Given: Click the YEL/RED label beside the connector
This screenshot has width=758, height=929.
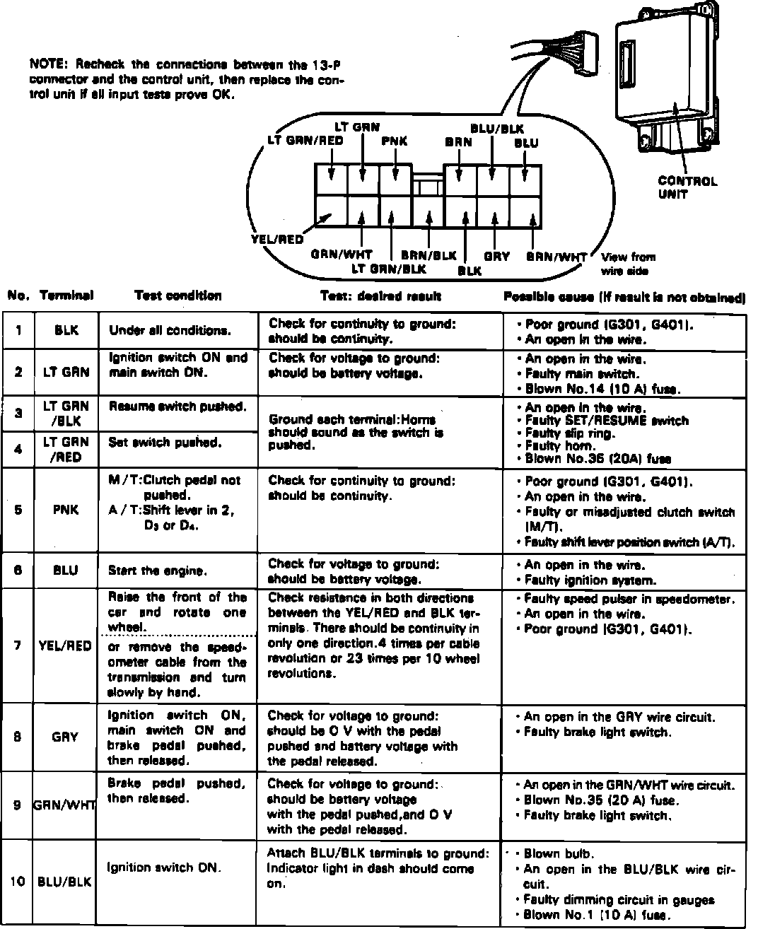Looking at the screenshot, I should coord(277,240).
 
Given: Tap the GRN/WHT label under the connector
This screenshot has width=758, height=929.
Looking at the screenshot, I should coord(342,255).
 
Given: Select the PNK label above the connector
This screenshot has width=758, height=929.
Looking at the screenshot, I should coord(395,141).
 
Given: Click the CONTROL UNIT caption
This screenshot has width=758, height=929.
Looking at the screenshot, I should coord(687,187).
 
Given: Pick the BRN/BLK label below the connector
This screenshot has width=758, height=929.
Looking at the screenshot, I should coord(428,255).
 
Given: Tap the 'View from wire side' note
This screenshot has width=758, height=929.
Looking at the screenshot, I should coord(628,264).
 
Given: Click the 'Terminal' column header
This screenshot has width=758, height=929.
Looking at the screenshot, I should coord(66,296).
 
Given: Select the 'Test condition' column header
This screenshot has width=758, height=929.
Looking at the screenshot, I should coord(177,296).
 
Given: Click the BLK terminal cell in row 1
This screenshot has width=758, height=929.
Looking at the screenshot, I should coord(66,330).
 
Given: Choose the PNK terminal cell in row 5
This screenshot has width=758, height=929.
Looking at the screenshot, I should coord(66,510).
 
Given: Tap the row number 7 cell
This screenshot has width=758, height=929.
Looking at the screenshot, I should coord(18,645).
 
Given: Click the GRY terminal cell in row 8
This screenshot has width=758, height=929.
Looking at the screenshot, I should coord(65,737).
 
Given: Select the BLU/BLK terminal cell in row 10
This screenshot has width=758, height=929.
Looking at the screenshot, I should coord(65,882).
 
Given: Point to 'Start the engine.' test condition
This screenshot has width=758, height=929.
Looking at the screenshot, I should coord(158,571).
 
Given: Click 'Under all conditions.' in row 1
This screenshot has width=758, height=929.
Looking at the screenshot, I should coord(170,330).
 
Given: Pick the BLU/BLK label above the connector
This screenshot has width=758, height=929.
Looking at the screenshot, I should coord(497,129).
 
